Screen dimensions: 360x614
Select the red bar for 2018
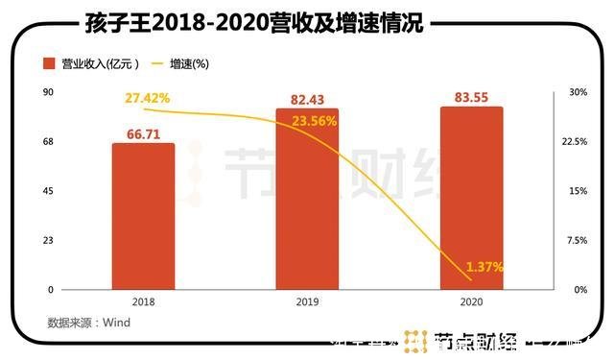point(143,216)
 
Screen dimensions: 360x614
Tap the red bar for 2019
point(307,199)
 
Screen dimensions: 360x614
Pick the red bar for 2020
point(471,197)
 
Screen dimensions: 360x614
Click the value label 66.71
point(143,133)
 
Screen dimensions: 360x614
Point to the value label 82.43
point(307,99)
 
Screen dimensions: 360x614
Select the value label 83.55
point(471,97)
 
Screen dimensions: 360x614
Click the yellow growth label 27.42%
point(147,99)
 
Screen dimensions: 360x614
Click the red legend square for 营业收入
point(48,64)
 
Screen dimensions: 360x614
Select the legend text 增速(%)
point(188,64)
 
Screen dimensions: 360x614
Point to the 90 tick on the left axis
point(47,92)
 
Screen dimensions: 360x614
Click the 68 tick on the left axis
point(47,141)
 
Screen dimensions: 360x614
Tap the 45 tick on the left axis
point(47,191)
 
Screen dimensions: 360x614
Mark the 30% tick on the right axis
point(578,92)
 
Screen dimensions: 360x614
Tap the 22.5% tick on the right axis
point(576,141)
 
